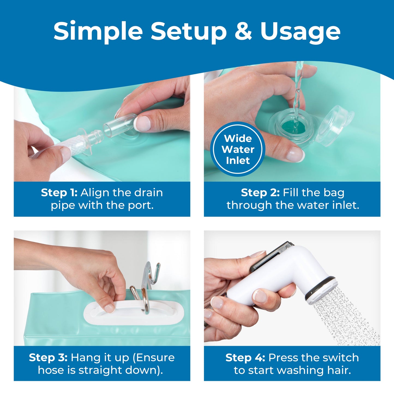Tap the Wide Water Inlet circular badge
pyautogui.click(x=238, y=149)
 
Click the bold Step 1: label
pyautogui.click(x=59, y=193)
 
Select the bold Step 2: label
pyautogui.click(x=260, y=193)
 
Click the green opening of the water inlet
pyautogui.click(x=293, y=127)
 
